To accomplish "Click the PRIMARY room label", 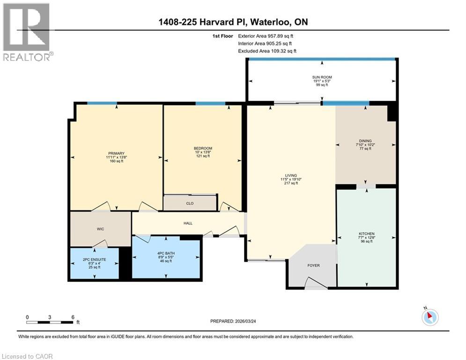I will (116, 153).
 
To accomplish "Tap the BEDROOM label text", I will (203, 149).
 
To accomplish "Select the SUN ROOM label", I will (322, 76).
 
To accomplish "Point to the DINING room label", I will (365, 141).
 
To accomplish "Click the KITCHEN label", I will (367, 233).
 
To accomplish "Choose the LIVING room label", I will (291, 176).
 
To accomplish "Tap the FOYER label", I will (313, 266).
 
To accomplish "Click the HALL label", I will (187, 223).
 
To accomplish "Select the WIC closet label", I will (100, 229).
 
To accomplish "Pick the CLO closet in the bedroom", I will (190, 203).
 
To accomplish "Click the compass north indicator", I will (429, 317).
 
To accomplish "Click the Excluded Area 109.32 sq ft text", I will (267, 51).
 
